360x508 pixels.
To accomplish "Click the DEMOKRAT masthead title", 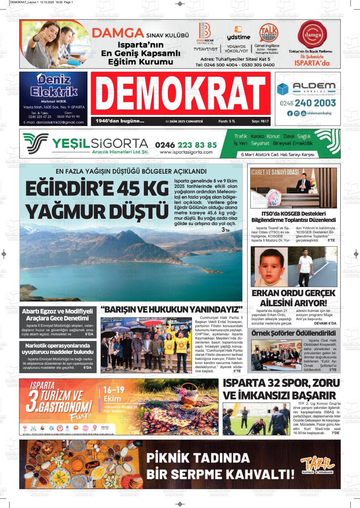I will coord(180,93).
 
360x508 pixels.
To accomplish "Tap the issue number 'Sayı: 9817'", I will coord(260,121).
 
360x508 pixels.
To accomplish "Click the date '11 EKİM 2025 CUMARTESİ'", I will coord(184,121).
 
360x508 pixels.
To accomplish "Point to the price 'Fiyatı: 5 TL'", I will coord(226,121).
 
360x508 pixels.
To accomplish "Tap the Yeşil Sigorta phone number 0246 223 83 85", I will coord(186,145).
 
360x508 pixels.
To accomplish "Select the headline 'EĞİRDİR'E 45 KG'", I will coord(97,189).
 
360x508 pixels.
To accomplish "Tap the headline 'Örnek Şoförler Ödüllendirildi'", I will coord(293,333).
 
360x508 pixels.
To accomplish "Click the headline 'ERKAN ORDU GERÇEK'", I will coord(293,293).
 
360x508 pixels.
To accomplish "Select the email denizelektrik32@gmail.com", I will coord(53,123).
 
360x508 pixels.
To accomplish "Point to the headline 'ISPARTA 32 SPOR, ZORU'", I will coord(281,383).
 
